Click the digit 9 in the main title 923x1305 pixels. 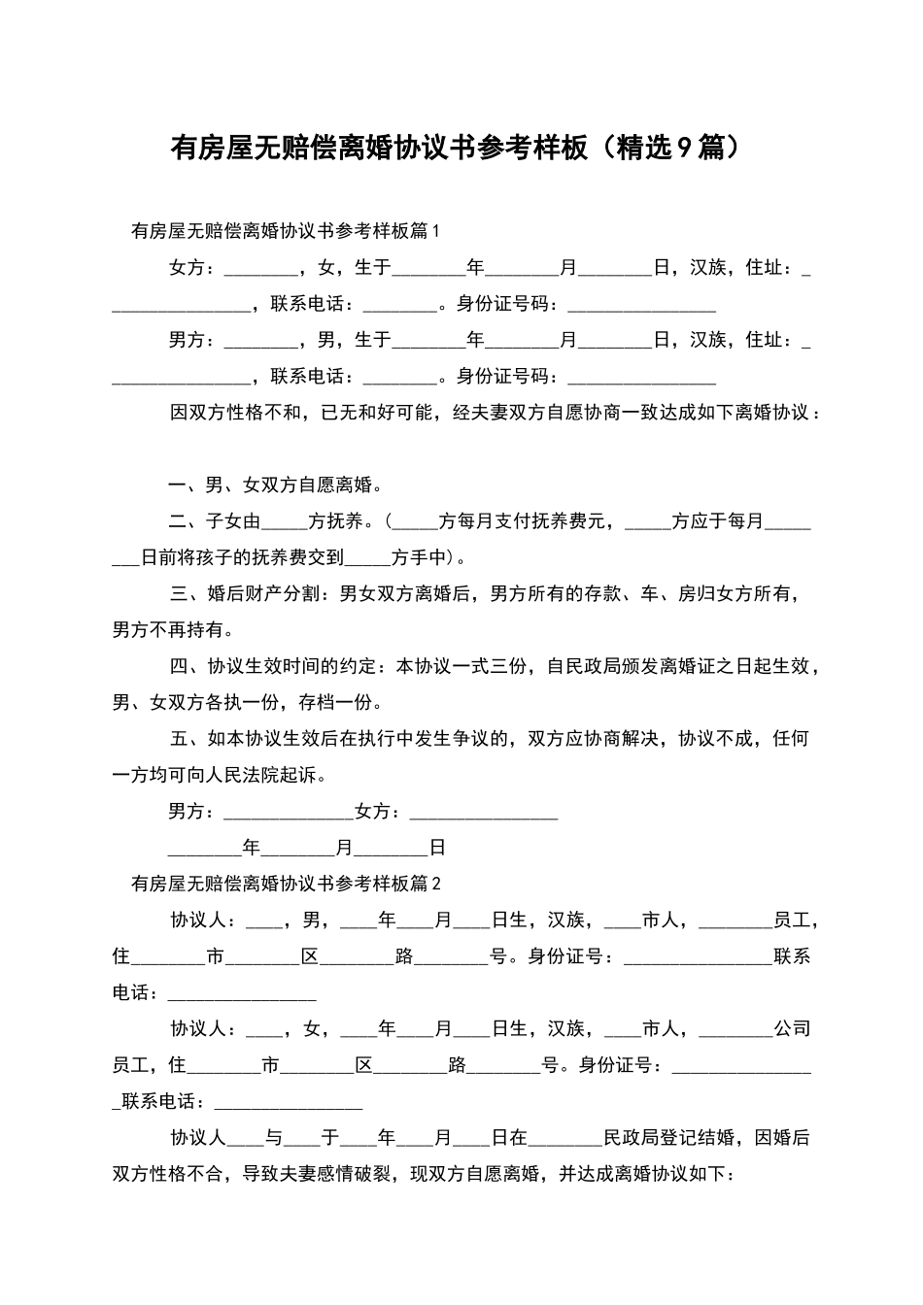pyautogui.click(x=684, y=149)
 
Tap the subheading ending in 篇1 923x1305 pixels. pyautogui.click(x=285, y=231)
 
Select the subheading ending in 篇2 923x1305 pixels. pyautogui.click(x=285, y=884)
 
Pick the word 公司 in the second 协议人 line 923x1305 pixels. pyautogui.click(x=792, y=1029)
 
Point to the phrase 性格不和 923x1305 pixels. pyautogui.click(x=263, y=413)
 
